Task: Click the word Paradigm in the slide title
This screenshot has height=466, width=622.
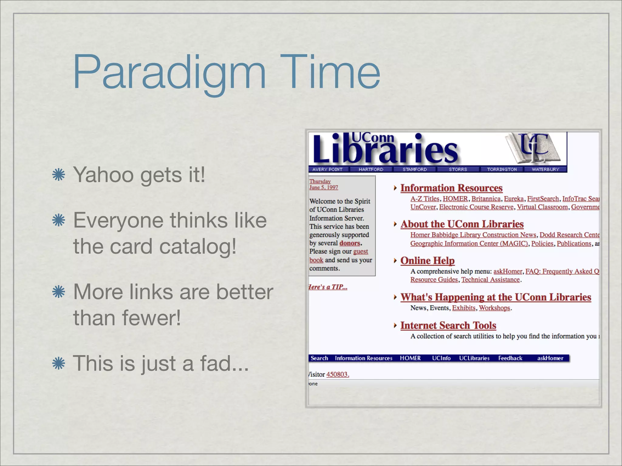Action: click(169, 73)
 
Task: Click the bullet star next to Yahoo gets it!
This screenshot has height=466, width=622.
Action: click(59, 175)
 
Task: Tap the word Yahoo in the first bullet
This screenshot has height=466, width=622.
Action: click(103, 175)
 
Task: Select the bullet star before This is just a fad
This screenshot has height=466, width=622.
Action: click(59, 363)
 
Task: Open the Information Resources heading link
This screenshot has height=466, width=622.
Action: click(451, 188)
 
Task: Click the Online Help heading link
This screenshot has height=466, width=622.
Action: click(427, 261)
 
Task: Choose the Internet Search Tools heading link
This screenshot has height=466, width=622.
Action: click(448, 326)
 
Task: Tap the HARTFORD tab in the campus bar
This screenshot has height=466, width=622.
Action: click(371, 170)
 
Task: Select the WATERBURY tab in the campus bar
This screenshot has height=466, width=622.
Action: click(545, 170)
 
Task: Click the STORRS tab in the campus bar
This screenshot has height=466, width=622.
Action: click(458, 170)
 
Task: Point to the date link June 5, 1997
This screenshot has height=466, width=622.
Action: click(323, 187)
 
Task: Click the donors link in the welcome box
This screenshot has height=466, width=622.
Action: click(350, 243)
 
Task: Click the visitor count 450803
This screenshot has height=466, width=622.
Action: click(337, 374)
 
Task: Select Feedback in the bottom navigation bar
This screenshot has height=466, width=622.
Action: click(510, 358)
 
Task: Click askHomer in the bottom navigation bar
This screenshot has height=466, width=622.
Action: click(550, 358)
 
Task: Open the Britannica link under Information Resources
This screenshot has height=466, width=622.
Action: click(486, 199)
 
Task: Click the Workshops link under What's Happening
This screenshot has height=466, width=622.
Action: click(494, 308)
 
